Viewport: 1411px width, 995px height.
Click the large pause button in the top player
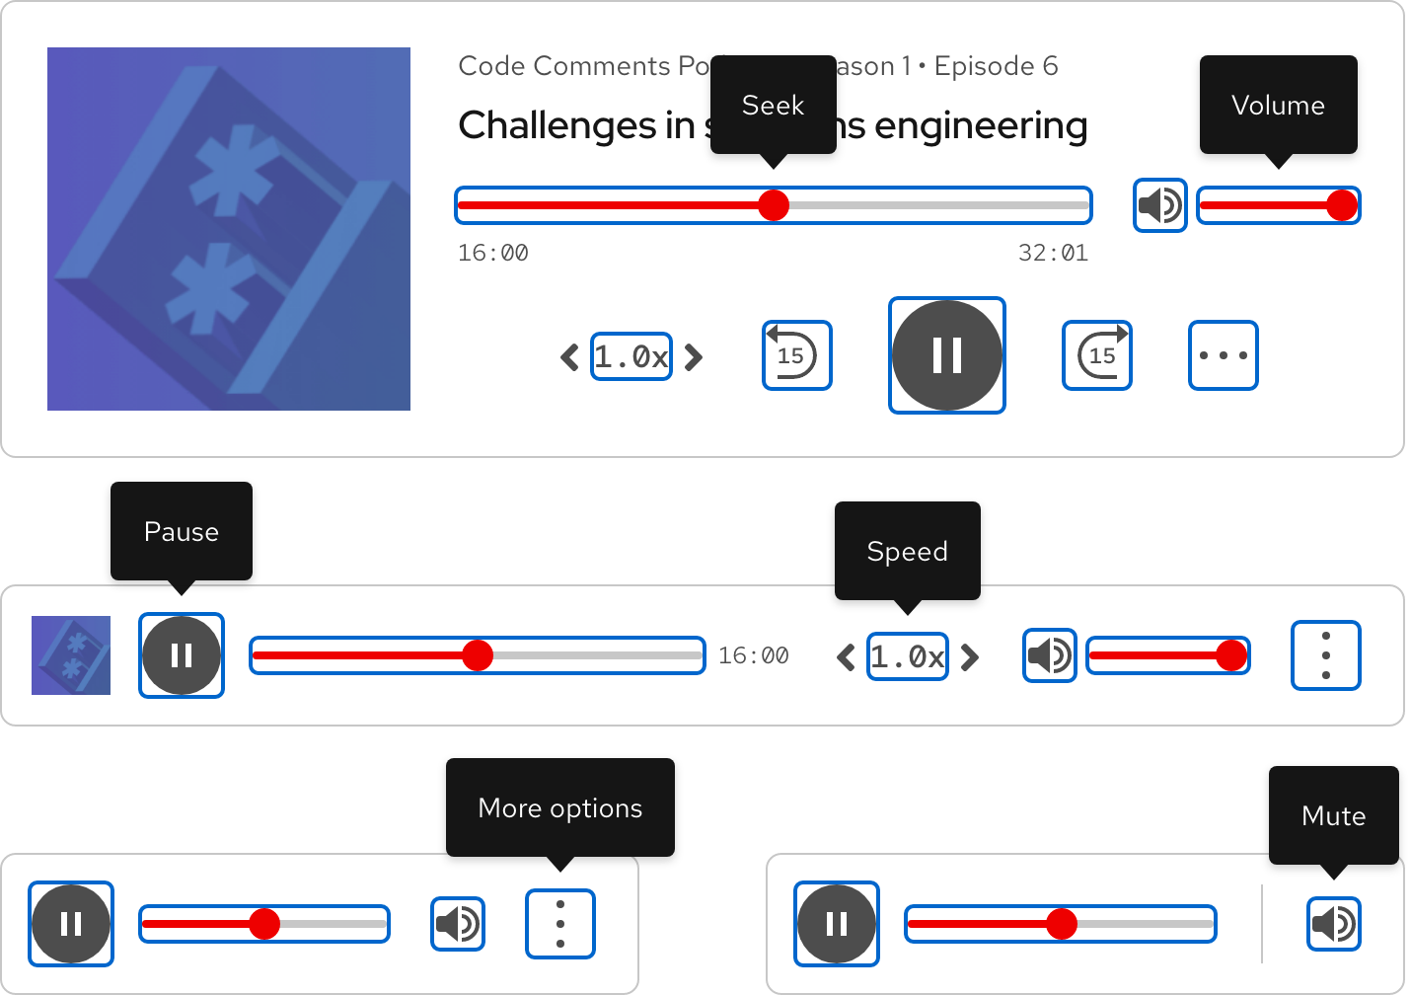(946, 355)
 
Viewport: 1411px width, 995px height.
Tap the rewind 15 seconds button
(796, 355)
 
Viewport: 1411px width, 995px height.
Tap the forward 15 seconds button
(1096, 355)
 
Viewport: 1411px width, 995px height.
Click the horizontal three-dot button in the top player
(1223, 355)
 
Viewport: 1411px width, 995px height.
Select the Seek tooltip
(773, 105)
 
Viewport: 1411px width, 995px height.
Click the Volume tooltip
(1278, 105)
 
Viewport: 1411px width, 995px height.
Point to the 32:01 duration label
(1053, 253)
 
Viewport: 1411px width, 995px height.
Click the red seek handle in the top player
(774, 205)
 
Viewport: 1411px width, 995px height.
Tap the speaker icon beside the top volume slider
(1159, 205)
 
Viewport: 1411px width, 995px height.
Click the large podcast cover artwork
(229, 229)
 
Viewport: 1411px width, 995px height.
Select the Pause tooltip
(182, 531)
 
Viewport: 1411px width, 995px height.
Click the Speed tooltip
(907, 551)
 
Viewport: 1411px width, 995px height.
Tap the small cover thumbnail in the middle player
(71, 655)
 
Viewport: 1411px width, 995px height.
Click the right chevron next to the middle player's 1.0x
(970, 656)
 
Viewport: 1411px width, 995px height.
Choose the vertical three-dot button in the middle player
(1325, 655)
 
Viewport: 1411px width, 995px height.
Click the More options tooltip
(559, 807)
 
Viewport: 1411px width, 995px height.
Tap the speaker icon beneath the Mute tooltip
(1333, 924)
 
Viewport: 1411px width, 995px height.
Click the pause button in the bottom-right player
(836, 924)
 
